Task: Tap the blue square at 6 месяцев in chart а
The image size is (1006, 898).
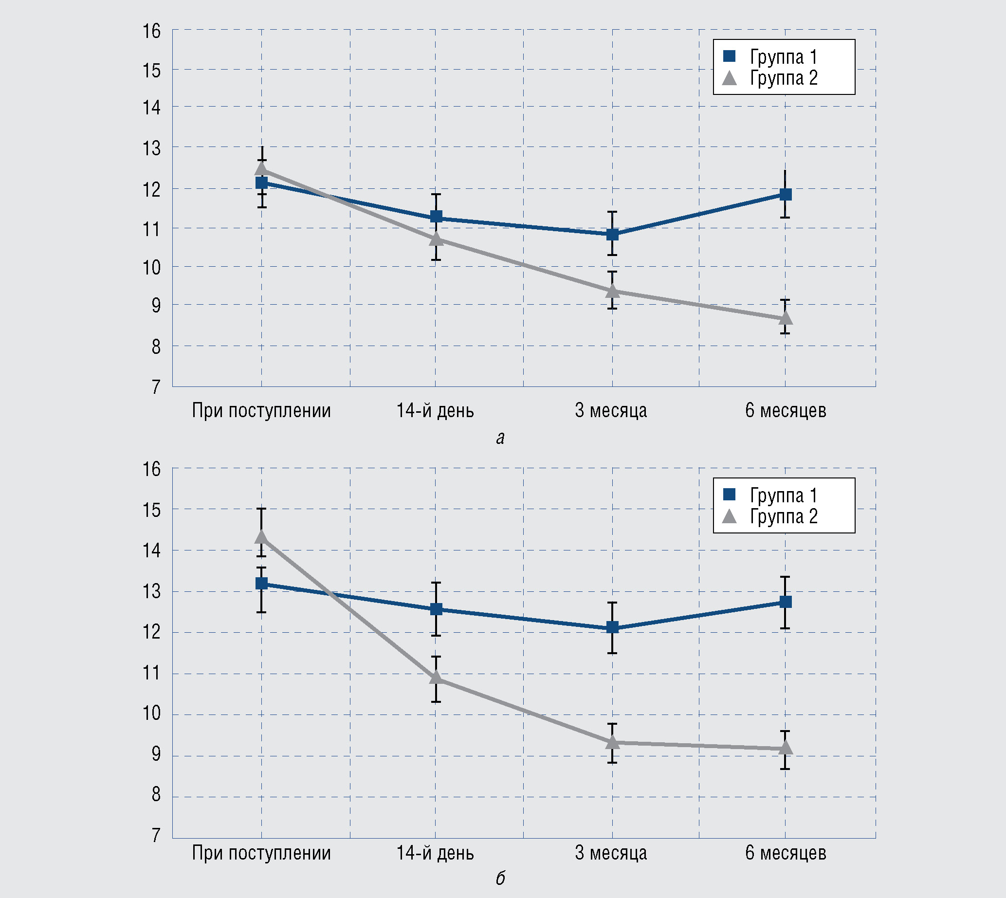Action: click(786, 194)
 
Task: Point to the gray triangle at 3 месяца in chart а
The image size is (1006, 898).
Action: click(612, 291)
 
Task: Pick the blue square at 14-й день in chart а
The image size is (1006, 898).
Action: click(436, 217)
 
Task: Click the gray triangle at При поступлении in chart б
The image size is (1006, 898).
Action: click(261, 536)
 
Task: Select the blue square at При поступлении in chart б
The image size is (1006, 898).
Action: click(261, 584)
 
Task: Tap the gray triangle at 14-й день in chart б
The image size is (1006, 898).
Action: click(436, 678)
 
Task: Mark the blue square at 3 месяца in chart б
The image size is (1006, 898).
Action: click(612, 627)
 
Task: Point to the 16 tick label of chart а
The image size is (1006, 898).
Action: click(152, 31)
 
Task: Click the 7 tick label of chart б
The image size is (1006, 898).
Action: click(156, 835)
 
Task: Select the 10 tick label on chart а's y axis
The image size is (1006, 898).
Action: click(152, 267)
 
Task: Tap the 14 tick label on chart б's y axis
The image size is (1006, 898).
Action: click(152, 550)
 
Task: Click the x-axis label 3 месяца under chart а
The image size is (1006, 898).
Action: click(611, 410)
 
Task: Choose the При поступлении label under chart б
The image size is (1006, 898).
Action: click(261, 853)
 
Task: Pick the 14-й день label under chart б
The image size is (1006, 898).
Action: click(435, 853)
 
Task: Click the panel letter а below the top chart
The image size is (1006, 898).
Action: click(500, 438)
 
